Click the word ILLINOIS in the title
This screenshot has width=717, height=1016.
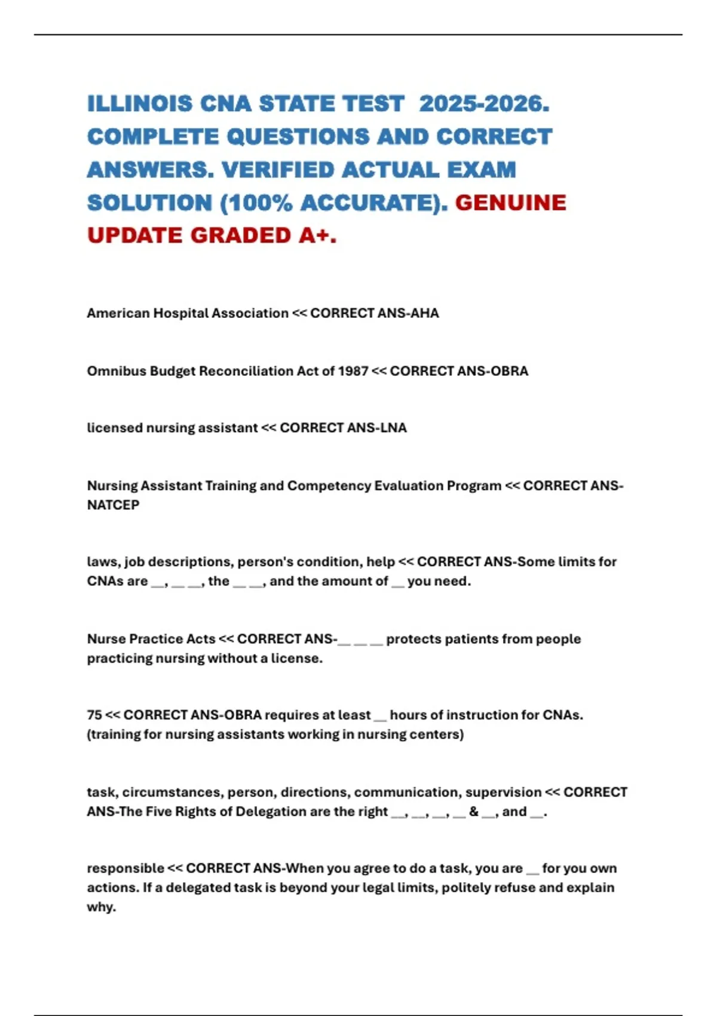click(x=140, y=104)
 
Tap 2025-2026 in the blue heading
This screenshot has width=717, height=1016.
click(x=483, y=104)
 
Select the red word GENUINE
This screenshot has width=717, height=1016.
click(x=510, y=203)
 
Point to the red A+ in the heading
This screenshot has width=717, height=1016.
click(x=317, y=236)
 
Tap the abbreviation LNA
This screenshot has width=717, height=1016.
click(x=392, y=428)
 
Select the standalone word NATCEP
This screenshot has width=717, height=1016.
click(x=113, y=505)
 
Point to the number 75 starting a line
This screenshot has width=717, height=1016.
click(x=94, y=715)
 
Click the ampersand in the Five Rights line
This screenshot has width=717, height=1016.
click(x=474, y=812)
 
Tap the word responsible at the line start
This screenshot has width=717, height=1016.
click(x=125, y=868)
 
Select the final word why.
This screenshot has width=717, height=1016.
click(x=102, y=907)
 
